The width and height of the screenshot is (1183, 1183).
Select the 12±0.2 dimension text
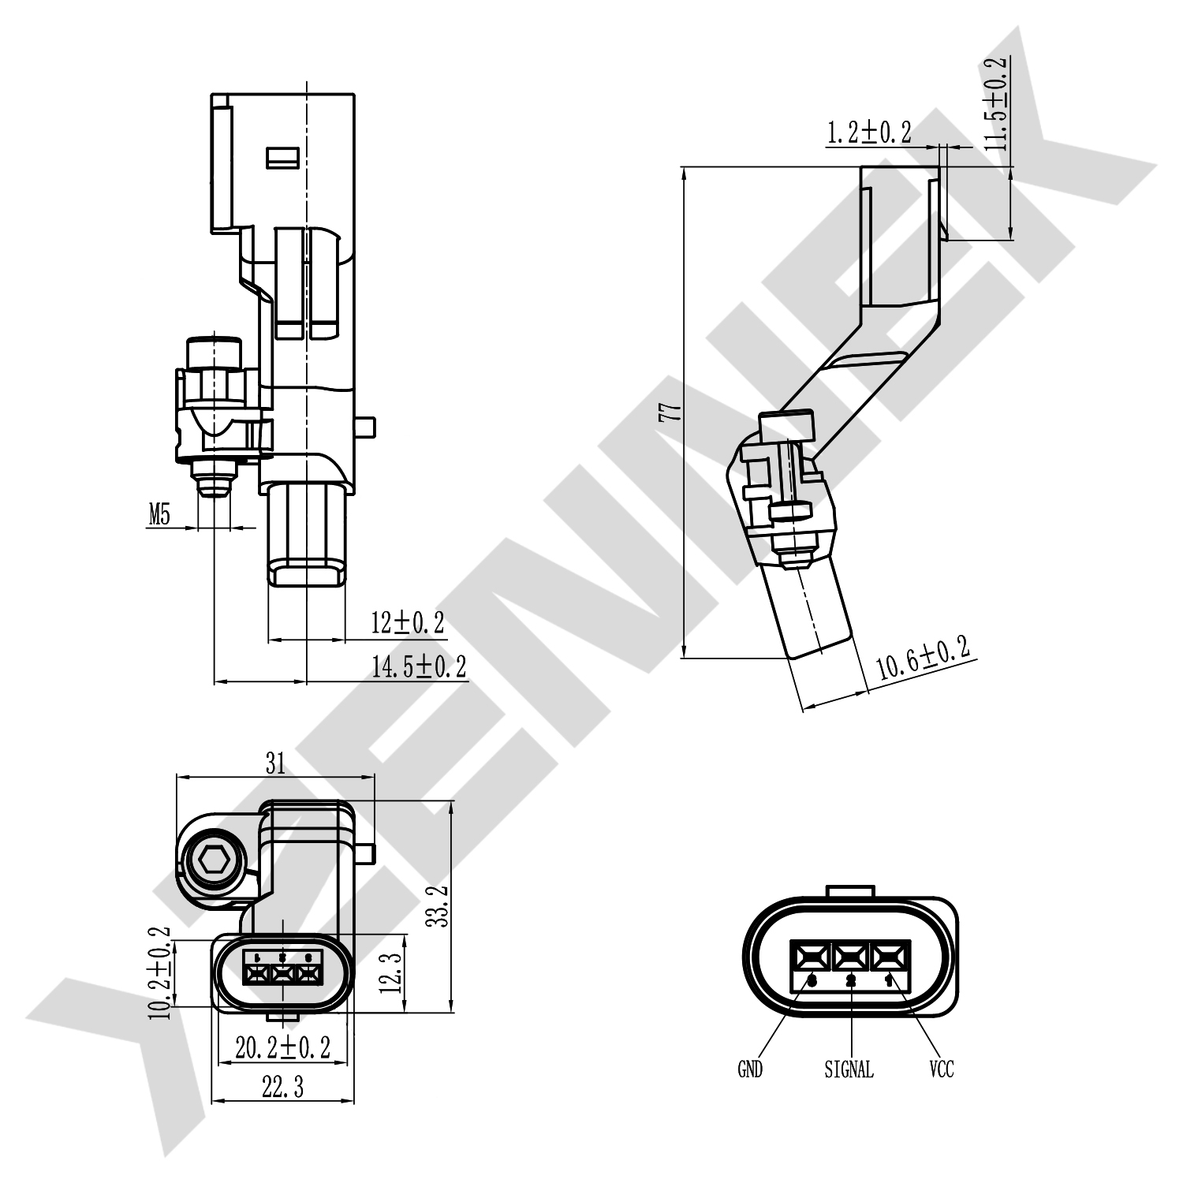(x=408, y=623)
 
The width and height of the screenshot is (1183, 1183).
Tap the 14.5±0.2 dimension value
(x=419, y=666)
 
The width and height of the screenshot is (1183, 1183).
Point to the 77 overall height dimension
(x=670, y=412)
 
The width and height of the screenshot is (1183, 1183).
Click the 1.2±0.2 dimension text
(x=868, y=132)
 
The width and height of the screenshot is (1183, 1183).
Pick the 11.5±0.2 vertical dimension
(x=997, y=103)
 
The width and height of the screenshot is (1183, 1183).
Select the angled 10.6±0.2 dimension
(x=923, y=659)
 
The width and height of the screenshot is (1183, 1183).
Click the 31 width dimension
(x=274, y=763)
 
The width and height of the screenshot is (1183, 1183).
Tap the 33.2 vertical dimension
(x=438, y=905)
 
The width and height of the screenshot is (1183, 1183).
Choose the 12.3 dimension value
(x=394, y=972)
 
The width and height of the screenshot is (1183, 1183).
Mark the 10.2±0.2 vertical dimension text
(x=161, y=973)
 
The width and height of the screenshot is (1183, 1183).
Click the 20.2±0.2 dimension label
(x=282, y=1047)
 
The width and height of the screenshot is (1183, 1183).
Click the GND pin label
(x=750, y=1069)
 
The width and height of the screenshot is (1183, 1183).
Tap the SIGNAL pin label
(x=849, y=1069)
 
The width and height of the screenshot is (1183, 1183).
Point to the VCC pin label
(x=942, y=1069)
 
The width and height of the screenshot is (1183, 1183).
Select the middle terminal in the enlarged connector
(x=850, y=957)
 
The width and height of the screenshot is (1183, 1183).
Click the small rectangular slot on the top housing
(x=282, y=158)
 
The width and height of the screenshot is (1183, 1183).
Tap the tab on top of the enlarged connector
(x=849, y=890)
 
